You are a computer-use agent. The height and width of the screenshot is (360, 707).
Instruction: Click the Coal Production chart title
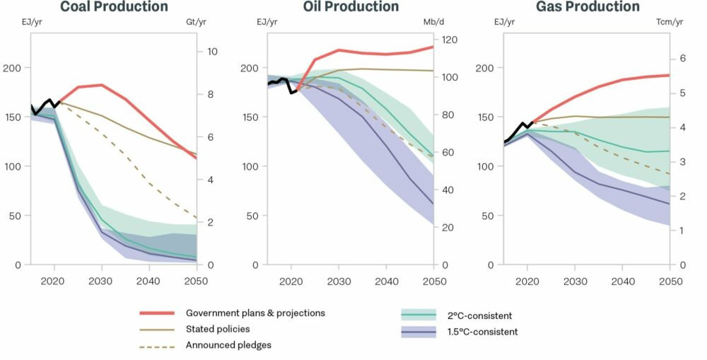pos(114,7)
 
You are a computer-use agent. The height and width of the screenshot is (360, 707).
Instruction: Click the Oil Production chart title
pos(351,7)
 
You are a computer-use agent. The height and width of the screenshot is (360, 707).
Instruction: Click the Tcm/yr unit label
pos(670,23)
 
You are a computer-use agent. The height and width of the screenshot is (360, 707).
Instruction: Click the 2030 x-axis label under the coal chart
pos(102,281)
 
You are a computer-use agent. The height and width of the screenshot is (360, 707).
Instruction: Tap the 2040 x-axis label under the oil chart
pos(385,281)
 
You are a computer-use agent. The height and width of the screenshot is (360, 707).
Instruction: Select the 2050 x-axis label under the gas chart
pos(670,281)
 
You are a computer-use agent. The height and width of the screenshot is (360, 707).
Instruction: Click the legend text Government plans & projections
pos(255,313)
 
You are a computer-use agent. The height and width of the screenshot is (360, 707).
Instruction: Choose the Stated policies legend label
pos(218,329)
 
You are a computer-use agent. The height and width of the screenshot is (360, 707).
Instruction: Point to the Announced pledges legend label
pos(228,345)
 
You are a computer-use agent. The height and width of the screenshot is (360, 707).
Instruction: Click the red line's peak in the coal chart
pos(102,85)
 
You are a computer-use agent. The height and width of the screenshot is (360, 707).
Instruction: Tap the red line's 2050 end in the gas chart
pos(669,75)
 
